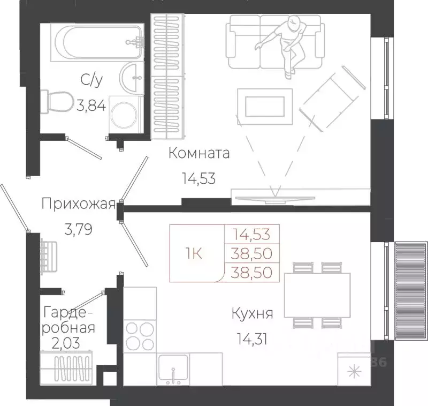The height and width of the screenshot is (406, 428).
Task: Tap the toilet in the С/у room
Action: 59,101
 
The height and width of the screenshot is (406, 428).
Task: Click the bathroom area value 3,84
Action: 91,105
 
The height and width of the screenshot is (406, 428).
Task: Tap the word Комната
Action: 199,154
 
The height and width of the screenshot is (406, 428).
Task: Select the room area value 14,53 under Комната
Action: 198,178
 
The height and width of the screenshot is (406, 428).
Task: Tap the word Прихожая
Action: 78,204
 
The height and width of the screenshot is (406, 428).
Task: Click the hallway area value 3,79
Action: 79,230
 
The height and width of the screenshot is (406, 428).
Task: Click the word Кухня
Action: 252,313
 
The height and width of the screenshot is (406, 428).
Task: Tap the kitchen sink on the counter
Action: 173,369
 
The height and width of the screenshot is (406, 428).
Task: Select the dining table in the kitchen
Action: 311,294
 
